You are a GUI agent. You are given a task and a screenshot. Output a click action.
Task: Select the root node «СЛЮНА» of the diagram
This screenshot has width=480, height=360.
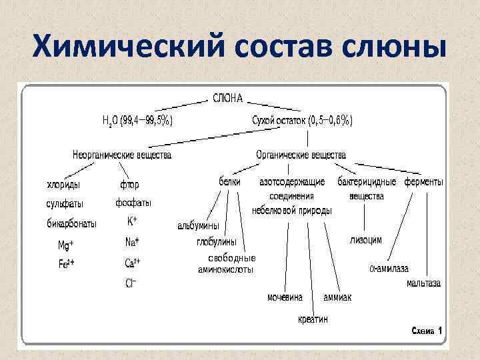click(x=227, y=99)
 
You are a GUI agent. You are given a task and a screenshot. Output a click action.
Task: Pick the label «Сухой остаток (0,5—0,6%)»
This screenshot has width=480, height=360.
click(x=303, y=121)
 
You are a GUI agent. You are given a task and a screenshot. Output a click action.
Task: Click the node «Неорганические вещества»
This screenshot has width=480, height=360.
click(x=122, y=155)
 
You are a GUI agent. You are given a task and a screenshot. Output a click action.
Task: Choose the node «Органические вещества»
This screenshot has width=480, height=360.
click(x=301, y=155)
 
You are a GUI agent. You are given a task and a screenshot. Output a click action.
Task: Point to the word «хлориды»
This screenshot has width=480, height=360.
click(x=65, y=184)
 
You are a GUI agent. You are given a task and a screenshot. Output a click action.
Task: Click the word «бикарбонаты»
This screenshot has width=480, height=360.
click(x=71, y=223)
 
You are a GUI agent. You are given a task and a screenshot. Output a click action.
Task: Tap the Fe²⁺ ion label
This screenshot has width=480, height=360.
click(x=66, y=263)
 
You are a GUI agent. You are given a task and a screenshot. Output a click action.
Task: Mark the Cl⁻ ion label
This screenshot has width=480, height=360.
click(x=131, y=283)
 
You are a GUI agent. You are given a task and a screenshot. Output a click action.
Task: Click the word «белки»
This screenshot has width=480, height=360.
click(x=230, y=181)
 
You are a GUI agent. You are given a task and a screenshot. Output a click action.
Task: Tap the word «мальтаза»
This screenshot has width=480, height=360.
click(x=423, y=283)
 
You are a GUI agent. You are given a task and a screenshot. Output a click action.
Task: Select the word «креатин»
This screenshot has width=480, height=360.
click(x=313, y=319)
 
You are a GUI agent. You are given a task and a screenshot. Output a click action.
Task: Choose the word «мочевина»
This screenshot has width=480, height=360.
click(x=285, y=297)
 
